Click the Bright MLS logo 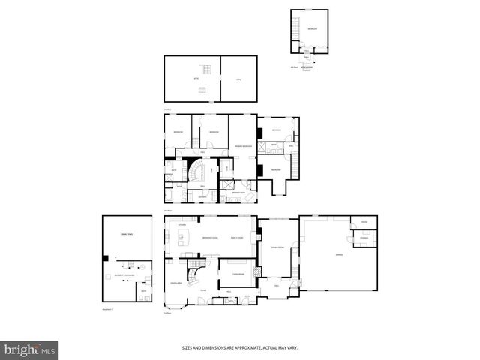pos(30,349)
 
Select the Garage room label pos(328,255)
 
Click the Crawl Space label pos(126,236)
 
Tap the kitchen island pos(182,241)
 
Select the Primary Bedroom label pos(242,146)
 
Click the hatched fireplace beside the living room pos(257,271)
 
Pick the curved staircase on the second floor pos(196,173)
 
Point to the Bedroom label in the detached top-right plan pos(312,29)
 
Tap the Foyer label pos(202,290)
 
